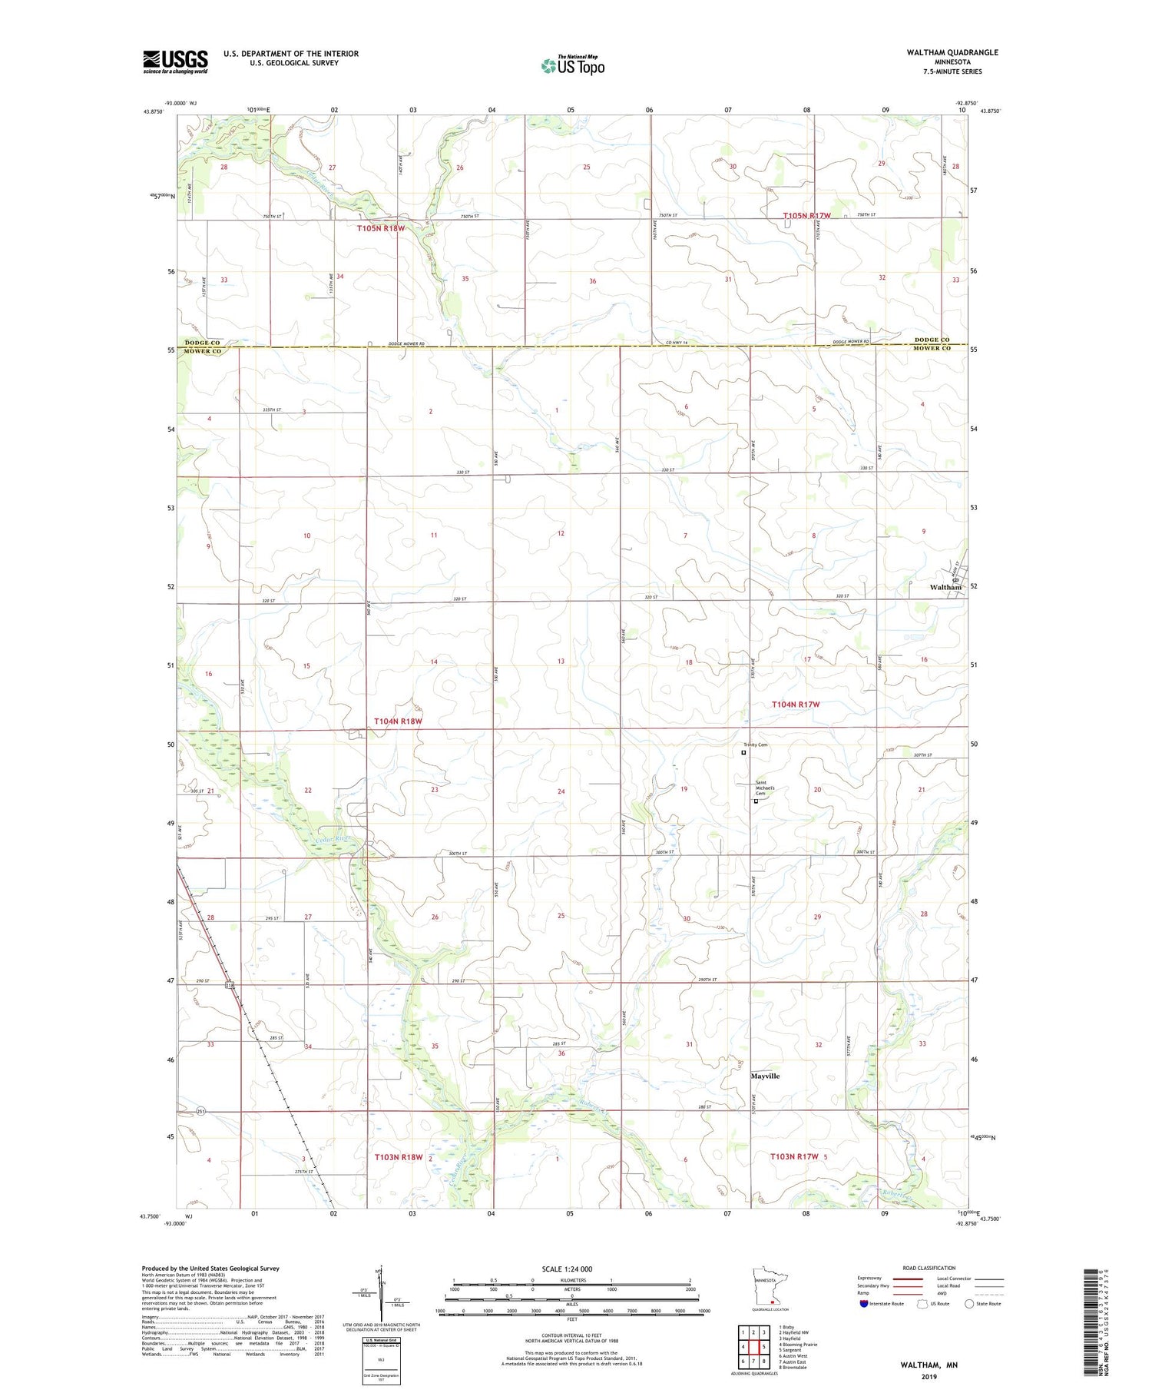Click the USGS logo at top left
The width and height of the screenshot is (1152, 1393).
click(175, 61)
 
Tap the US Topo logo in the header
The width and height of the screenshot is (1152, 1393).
click(572, 66)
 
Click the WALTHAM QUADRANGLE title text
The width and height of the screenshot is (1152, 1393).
click(941, 52)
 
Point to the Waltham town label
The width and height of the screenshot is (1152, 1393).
click(945, 587)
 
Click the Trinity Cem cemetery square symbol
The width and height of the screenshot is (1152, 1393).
click(743, 753)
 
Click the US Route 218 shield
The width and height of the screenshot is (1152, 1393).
click(229, 985)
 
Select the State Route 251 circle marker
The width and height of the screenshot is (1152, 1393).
click(201, 1111)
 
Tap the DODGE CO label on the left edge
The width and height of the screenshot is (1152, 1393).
click(202, 342)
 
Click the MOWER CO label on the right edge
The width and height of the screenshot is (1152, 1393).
click(932, 348)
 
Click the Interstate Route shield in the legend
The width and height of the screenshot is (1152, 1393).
click(864, 1303)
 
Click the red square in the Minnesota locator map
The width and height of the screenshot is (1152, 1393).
click(772, 1302)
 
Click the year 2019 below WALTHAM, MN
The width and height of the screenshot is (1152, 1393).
click(929, 1376)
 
